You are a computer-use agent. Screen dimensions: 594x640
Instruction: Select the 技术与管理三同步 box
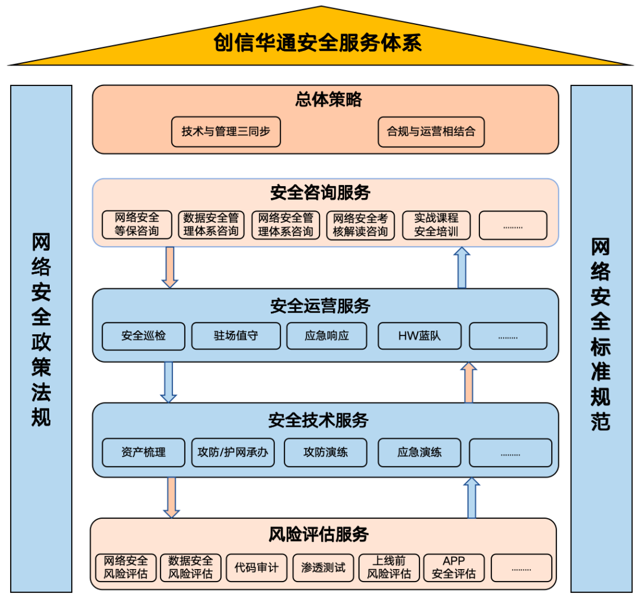tap(226, 132)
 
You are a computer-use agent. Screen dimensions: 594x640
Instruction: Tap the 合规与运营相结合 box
tap(431, 132)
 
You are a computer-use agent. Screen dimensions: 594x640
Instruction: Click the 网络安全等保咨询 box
tap(137, 225)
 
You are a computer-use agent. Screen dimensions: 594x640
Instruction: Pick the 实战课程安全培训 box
tap(436, 225)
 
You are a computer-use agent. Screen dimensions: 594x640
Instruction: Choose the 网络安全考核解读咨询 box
tap(360, 225)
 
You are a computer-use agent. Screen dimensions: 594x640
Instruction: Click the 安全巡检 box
tap(143, 336)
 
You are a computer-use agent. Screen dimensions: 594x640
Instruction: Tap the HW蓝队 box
tap(420, 336)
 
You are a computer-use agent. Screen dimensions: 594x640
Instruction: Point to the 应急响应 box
tap(327, 336)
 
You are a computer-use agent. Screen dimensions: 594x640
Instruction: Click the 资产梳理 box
tap(143, 452)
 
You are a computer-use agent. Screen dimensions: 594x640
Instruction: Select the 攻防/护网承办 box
tap(233, 452)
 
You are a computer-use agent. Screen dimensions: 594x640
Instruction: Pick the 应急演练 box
tap(420, 452)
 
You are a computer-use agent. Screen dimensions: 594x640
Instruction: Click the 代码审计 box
tap(256, 567)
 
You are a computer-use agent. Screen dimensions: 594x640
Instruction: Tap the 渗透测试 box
tap(323, 567)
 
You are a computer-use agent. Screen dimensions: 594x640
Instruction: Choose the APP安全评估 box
tap(454, 567)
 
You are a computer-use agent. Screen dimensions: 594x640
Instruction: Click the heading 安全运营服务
tap(320, 306)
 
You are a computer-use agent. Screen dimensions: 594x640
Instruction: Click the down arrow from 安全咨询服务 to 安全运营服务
tap(170, 267)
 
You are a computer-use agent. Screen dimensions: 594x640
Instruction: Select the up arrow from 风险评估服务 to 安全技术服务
tap(472, 497)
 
